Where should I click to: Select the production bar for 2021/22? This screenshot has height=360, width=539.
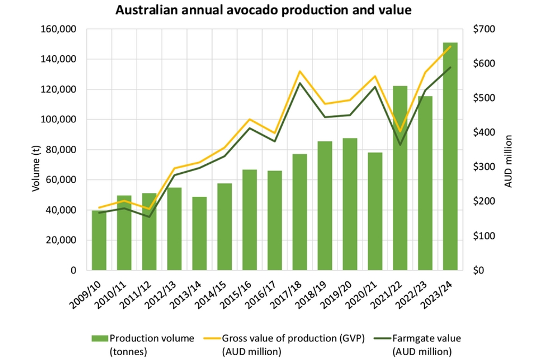[400, 181]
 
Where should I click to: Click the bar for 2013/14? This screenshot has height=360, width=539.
[199, 234]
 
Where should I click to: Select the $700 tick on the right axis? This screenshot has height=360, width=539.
[483, 29]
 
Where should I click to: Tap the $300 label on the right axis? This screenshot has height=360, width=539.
[483, 167]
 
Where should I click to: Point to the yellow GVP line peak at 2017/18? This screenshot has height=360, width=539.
[300, 71]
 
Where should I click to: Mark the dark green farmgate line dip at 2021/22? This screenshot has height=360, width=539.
[400, 145]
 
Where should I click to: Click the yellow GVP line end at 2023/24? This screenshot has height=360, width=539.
[451, 47]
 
